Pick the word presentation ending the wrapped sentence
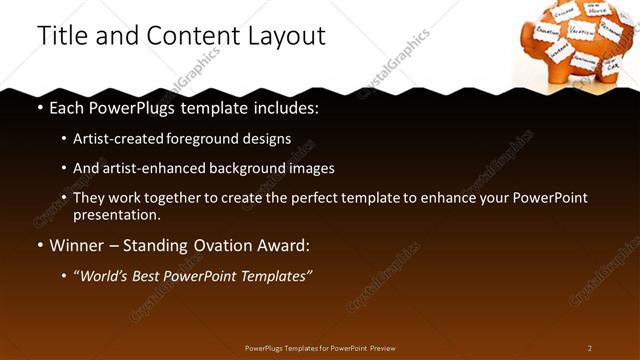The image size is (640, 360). (x=116, y=214)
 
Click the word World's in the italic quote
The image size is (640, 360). (x=106, y=275)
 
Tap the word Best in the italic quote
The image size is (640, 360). (x=151, y=275)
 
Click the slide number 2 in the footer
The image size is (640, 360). (x=590, y=348)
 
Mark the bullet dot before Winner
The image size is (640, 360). (x=40, y=245)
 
